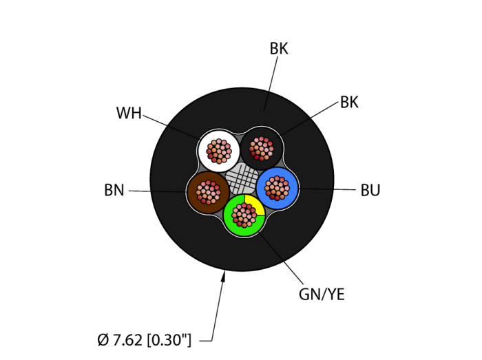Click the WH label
pos(129,114)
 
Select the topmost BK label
pos(279,49)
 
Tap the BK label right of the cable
pos(349,103)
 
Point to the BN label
pos(114,191)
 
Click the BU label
pos(370,191)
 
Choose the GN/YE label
pos(322,295)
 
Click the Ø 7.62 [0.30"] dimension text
pos(145,339)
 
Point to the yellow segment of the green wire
pos(255,204)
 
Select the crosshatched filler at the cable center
pos(242,180)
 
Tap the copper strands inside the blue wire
pos(277,187)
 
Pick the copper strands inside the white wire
pos(219,150)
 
